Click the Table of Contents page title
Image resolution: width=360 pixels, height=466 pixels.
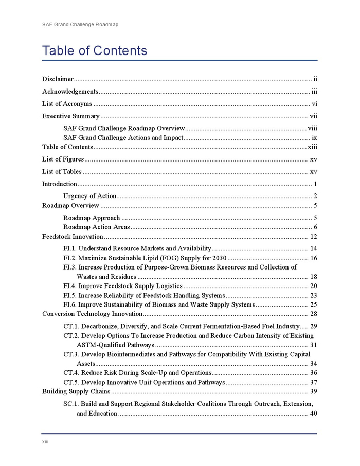95,51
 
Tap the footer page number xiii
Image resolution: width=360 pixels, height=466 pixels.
45,442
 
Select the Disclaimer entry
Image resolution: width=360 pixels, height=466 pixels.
58,79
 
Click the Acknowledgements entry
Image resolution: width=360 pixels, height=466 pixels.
70,92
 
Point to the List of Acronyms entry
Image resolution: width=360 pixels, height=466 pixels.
67,104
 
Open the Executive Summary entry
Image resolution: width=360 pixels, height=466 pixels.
70,116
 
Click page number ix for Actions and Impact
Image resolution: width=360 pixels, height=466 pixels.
314,138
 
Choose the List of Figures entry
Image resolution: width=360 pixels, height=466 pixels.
63,159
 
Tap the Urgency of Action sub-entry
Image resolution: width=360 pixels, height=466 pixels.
89,196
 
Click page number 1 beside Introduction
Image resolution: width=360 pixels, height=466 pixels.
315,184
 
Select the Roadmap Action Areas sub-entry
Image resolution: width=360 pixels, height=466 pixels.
97,227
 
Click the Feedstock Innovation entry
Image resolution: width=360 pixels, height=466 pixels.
73,237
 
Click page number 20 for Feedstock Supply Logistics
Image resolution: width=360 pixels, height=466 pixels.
313,286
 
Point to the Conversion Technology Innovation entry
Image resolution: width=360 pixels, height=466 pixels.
92,314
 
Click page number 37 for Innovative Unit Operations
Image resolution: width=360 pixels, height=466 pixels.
313,382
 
